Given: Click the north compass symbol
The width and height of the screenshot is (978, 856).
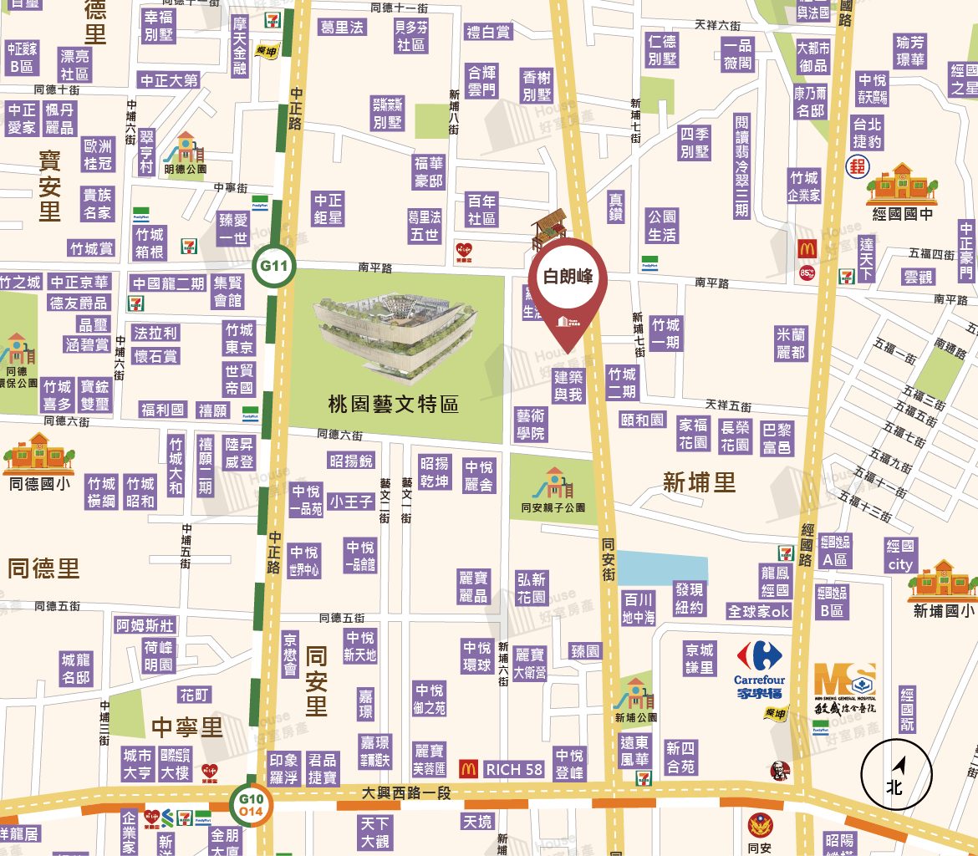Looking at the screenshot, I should (895, 774).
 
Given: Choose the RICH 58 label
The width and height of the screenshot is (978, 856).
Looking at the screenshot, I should (514, 769).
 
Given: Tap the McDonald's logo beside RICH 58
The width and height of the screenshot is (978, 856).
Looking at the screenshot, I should (469, 768).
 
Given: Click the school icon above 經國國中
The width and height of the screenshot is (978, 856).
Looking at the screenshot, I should (901, 183).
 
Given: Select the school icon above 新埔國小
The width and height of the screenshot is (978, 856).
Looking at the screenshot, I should (942, 580).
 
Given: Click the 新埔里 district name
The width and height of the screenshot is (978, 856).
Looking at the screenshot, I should (699, 482).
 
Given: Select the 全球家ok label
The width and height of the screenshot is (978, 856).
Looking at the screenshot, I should (758, 611).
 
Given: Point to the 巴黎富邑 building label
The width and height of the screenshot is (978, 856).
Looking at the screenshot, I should (777, 438).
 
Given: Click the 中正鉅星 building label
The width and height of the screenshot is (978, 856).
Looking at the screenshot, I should (329, 209).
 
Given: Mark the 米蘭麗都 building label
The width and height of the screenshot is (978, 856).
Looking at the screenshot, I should (791, 343).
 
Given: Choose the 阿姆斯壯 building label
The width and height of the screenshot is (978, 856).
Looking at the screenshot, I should (146, 625).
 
